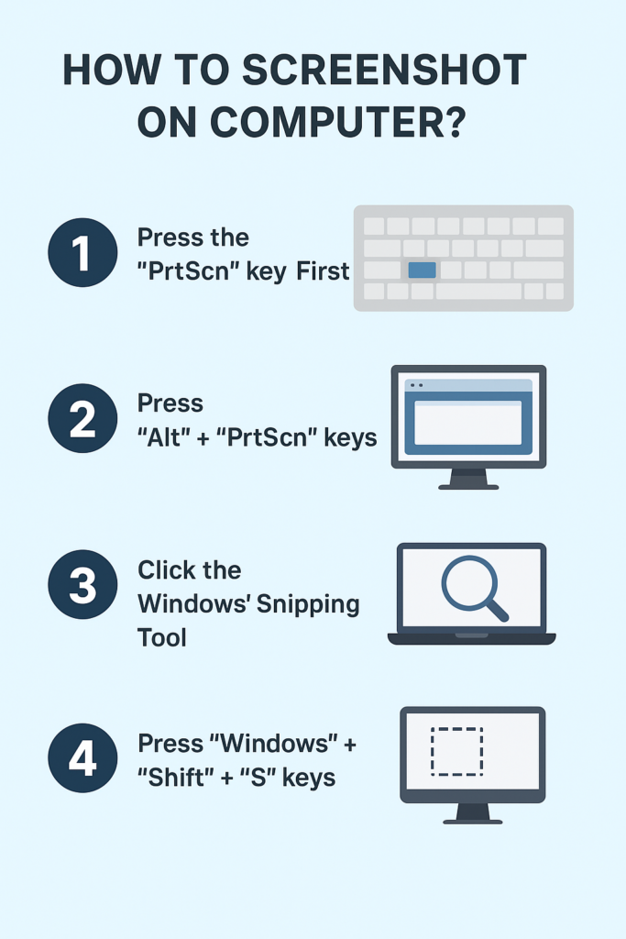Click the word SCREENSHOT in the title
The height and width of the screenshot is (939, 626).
coord(384,70)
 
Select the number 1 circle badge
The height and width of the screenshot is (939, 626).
coord(82,252)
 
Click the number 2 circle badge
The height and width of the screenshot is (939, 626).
coord(82,418)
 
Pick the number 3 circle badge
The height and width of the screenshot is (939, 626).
coord(82,584)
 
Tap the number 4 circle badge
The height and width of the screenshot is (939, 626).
coord(82,757)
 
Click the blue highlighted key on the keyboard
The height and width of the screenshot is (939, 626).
coord(422,271)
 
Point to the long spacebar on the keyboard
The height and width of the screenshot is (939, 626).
coord(478,291)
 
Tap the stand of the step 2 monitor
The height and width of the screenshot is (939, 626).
coord(468,479)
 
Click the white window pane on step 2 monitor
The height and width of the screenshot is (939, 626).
coord(468,423)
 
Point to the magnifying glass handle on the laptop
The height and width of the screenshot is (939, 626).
coord(496,610)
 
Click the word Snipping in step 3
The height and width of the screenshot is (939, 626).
coord(308,605)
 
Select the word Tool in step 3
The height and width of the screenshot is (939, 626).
coord(162,637)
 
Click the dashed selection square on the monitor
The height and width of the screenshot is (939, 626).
coord(457,752)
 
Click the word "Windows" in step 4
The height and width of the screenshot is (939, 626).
coord(273,744)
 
